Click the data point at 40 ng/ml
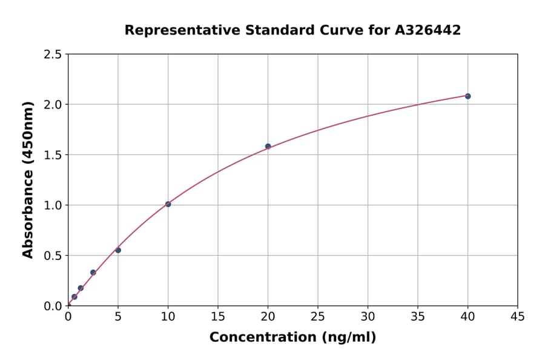[467, 96]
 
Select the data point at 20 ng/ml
[268, 146]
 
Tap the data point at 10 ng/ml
[168, 204]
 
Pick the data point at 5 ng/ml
[118, 250]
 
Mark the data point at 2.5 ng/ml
[93, 272]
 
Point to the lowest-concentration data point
[74, 297]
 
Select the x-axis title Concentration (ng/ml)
[292, 337]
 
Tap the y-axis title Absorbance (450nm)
[28, 180]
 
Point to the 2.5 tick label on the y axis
[53, 55]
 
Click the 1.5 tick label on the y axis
[53, 155]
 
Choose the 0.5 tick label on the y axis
[53, 256]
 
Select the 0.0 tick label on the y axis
[53, 306]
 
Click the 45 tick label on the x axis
[517, 317]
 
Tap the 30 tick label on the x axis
[368, 317]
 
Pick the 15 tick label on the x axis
[218, 317]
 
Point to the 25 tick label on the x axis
[318, 317]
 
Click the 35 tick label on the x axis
[417, 317]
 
